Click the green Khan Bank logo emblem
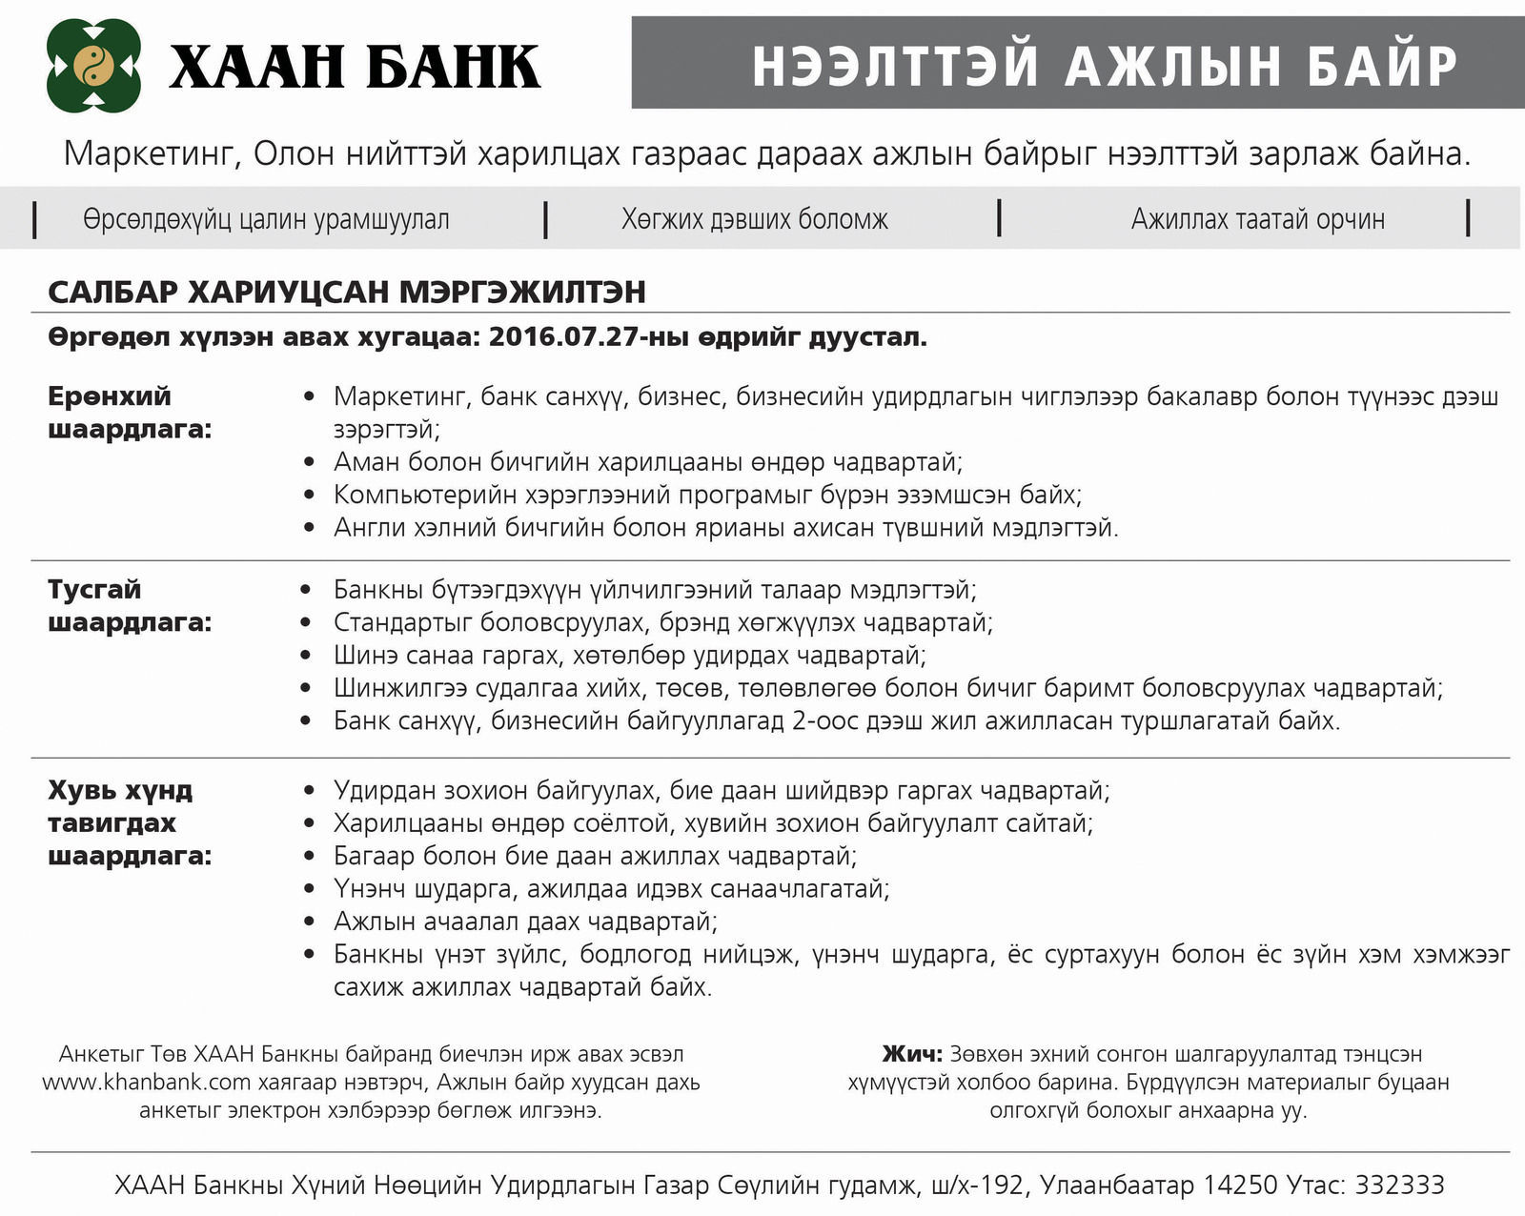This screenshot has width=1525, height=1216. tap(93, 66)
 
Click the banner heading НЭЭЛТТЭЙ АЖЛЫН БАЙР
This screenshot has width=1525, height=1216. tap(1105, 66)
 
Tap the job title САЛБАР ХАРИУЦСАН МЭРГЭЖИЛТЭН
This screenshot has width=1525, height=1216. tap(347, 292)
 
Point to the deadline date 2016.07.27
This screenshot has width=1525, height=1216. tap(563, 337)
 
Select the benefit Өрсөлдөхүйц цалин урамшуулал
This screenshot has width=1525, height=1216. tap(266, 219)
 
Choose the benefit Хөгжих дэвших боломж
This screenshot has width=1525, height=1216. tap(754, 219)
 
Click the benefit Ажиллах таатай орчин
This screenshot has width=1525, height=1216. tap(1257, 219)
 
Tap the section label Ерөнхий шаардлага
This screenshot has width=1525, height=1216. tap(130, 413)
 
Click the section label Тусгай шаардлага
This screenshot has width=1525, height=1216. tap(130, 606)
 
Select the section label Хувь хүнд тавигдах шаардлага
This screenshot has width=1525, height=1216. tap(130, 822)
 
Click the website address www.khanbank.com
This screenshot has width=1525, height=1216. tap(146, 1083)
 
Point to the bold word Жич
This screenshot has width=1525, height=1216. tap(911, 1054)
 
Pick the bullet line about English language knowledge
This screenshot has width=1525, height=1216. tap(725, 527)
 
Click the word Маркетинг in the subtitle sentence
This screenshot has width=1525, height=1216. tap(150, 153)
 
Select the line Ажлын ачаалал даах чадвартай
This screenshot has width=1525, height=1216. tap(525, 922)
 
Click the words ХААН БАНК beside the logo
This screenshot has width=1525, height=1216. tap(355, 67)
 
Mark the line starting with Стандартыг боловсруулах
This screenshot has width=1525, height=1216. tap(662, 622)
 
